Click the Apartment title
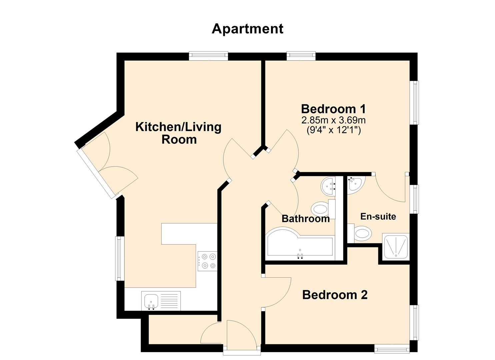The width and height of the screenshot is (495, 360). click(x=247, y=29)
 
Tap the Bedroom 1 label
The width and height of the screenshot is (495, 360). click(x=333, y=109)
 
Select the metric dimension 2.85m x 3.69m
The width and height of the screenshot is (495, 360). click(x=333, y=120)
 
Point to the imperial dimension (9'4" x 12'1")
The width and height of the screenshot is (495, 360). click(x=333, y=130)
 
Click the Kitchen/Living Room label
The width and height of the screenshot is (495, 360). click(x=179, y=133)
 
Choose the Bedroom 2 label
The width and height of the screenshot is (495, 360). click(x=335, y=295)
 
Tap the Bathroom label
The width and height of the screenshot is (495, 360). click(x=305, y=219)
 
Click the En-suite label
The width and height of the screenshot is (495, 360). click(x=378, y=216)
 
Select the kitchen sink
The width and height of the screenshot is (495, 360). click(x=152, y=301)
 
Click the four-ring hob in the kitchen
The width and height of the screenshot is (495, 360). click(x=207, y=261)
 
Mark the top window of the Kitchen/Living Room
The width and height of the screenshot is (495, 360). click(x=208, y=56)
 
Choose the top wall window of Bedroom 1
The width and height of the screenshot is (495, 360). click(x=301, y=56)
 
